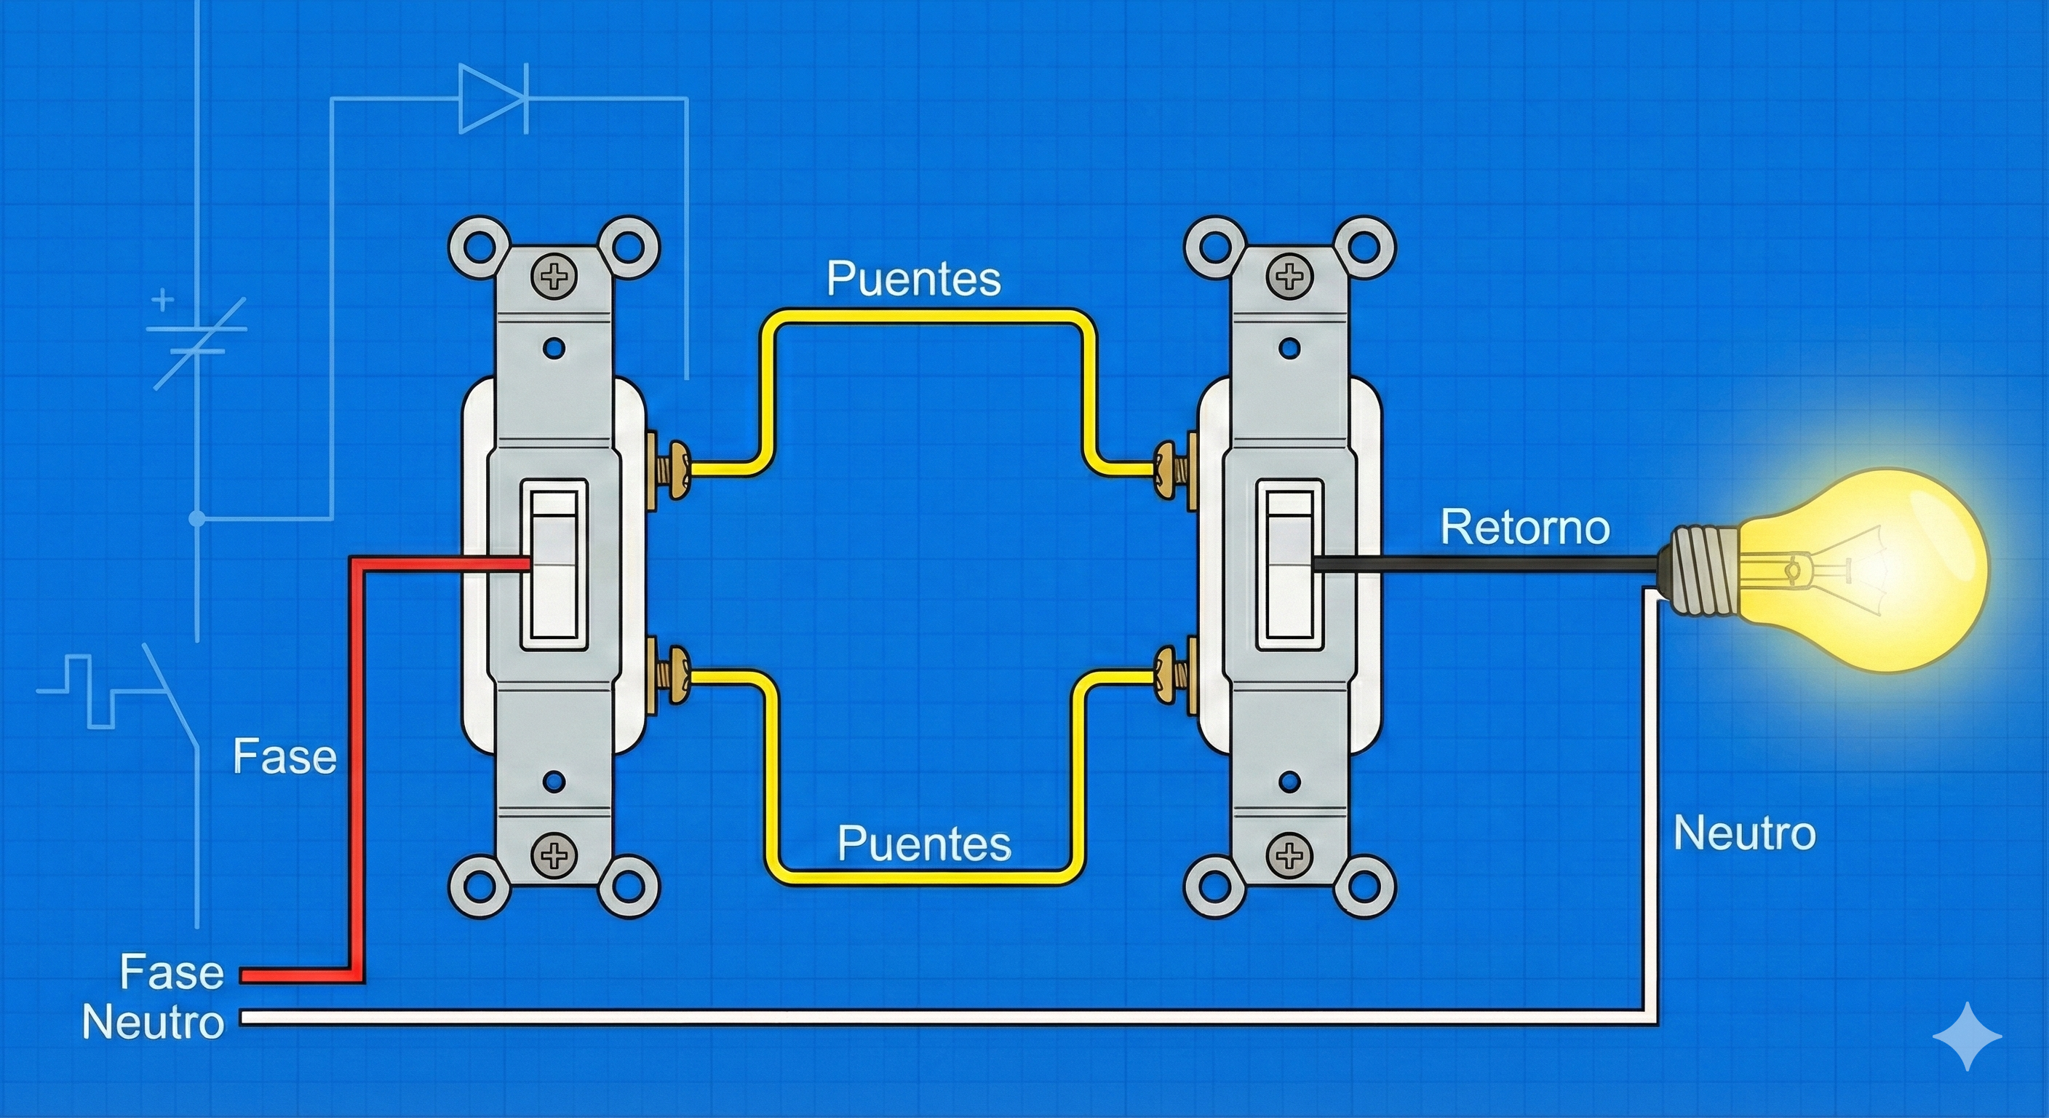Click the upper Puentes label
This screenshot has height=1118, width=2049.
(x=913, y=279)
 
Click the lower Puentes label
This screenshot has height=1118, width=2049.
(x=924, y=844)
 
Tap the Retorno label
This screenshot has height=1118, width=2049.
(x=1526, y=528)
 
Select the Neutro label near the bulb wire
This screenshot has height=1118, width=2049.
(x=1745, y=833)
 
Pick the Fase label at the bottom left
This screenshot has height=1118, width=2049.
(x=172, y=972)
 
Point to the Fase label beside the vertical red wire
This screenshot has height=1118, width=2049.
(x=285, y=756)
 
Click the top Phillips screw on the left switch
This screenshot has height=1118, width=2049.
(x=554, y=277)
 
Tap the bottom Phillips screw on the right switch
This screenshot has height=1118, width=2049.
(x=1289, y=855)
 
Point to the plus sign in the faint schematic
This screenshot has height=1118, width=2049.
(x=162, y=301)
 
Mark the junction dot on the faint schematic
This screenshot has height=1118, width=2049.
(x=197, y=519)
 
